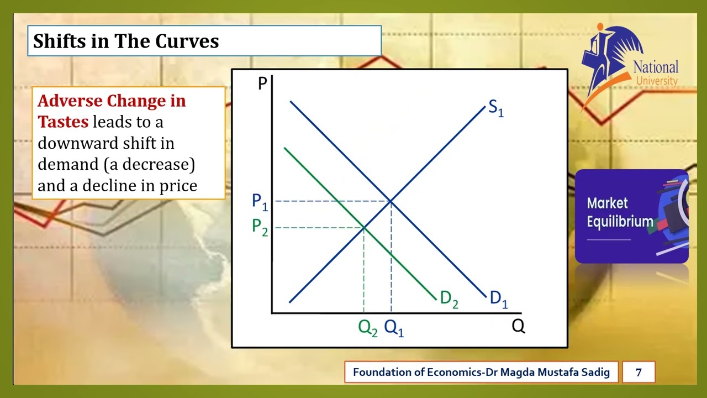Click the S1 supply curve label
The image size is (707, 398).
[495, 108]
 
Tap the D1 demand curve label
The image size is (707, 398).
[498, 299]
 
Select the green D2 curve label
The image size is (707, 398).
[449, 300]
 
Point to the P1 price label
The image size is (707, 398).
[260, 202]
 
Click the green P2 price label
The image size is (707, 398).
[260, 227]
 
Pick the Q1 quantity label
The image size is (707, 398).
[394, 328]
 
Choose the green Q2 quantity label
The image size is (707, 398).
[368, 328]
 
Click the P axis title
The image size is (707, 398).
[262, 84]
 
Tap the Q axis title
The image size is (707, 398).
[518, 327]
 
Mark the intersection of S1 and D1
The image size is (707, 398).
[391, 201]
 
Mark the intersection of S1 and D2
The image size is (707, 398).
[364, 227]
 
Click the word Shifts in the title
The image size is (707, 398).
[59, 41]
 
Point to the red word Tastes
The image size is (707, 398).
[63, 122]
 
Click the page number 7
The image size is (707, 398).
[639, 372]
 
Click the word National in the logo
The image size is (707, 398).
[656, 67]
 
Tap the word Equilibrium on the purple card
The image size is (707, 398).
[620, 222]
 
